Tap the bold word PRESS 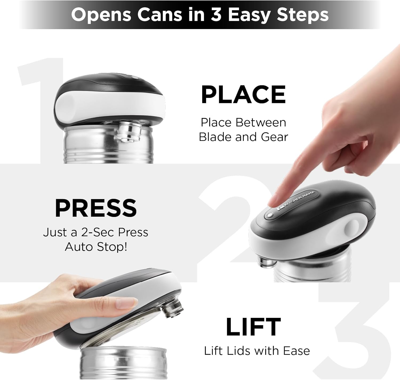(96, 208)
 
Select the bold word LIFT (253, 326)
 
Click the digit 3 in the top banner (216, 15)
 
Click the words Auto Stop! (96, 247)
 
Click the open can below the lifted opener (123, 362)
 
